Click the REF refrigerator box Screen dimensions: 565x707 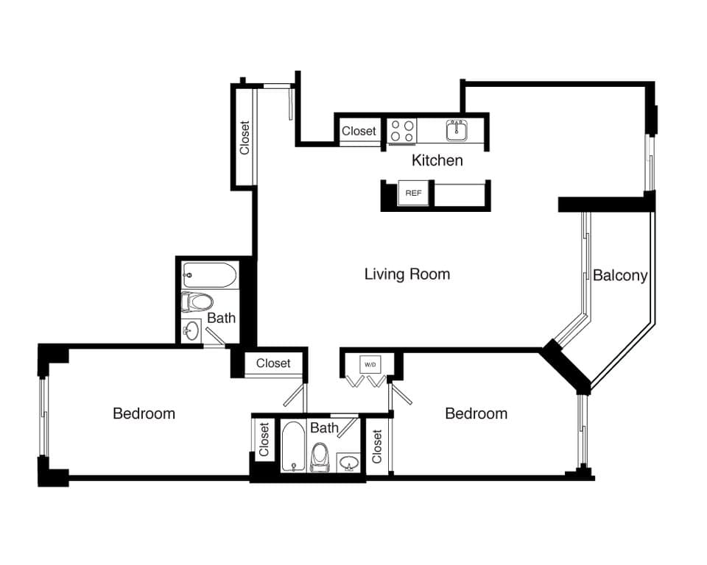point(413,193)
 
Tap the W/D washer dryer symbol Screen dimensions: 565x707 point(368,364)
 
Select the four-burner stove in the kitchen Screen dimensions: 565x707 point(402,131)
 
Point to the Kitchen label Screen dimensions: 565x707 point(437,160)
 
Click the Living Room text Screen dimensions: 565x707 point(407,274)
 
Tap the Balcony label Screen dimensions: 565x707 point(620,276)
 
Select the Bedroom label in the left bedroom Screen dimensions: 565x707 point(144,413)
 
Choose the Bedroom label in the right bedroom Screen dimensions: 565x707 point(476,413)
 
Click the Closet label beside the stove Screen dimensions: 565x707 point(359,131)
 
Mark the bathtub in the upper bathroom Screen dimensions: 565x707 point(209,277)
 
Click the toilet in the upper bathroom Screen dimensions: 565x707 point(197,302)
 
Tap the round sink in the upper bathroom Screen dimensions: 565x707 point(191,330)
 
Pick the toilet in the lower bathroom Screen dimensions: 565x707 point(320,456)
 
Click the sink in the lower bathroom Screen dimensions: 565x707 point(349,463)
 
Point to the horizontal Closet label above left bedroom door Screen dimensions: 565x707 point(273,363)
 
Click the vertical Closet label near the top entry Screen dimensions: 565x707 point(245,138)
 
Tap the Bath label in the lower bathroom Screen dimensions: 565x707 point(324,427)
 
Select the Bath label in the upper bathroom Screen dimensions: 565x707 point(221,318)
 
